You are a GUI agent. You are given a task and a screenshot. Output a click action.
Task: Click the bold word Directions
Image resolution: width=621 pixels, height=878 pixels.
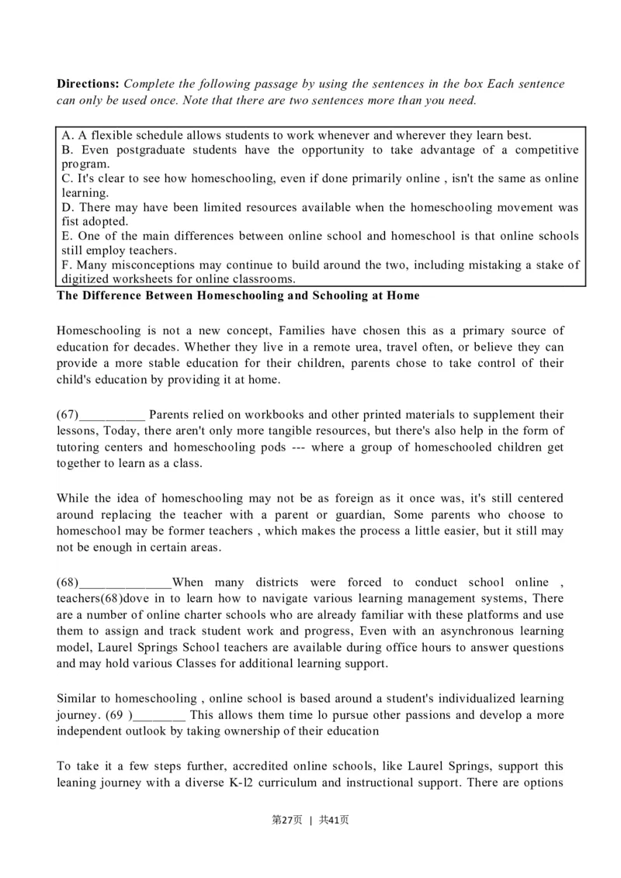[x=88, y=84]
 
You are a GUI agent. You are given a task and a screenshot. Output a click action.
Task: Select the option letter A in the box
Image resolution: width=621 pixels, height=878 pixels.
[x=66, y=135]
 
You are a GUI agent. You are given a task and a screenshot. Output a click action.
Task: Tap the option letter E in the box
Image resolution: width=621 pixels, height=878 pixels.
[x=66, y=236]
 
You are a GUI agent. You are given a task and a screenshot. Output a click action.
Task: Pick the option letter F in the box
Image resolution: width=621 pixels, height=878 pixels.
[x=66, y=265]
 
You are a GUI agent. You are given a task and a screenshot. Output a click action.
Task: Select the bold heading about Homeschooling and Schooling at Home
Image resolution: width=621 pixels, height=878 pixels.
[x=238, y=296]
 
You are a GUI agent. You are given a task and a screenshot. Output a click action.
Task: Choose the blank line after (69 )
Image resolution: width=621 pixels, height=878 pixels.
[x=158, y=715]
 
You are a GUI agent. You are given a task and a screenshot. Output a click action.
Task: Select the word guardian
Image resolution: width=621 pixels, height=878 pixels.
[x=359, y=515]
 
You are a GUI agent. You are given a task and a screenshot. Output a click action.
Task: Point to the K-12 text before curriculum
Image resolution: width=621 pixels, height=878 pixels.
[x=245, y=783]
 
